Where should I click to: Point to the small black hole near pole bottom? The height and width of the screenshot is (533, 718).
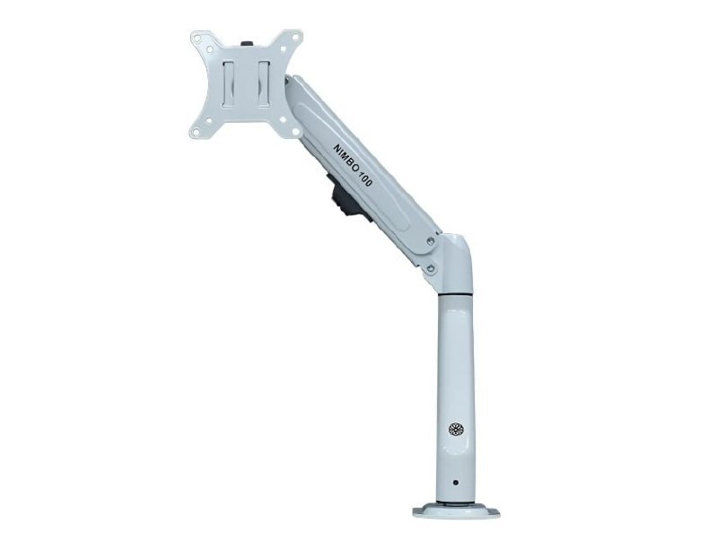point(455,482)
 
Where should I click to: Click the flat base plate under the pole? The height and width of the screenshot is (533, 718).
point(456,511)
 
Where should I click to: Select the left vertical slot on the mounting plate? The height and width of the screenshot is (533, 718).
point(229,83)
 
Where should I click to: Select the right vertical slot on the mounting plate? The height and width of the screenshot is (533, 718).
point(264,83)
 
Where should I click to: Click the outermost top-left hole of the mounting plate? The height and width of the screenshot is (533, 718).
point(198,39)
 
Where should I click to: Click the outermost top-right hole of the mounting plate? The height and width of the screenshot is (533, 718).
point(295,38)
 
